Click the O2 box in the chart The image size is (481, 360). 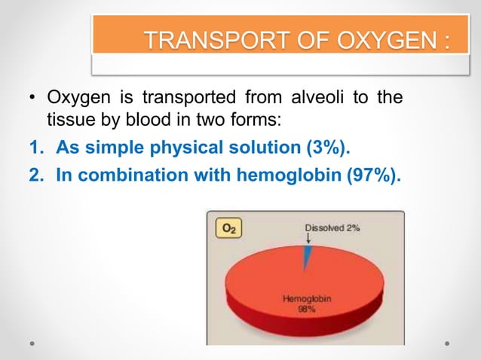(x=227, y=227)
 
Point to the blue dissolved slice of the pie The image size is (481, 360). (x=307, y=257)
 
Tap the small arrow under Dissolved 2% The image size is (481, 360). (x=308, y=239)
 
